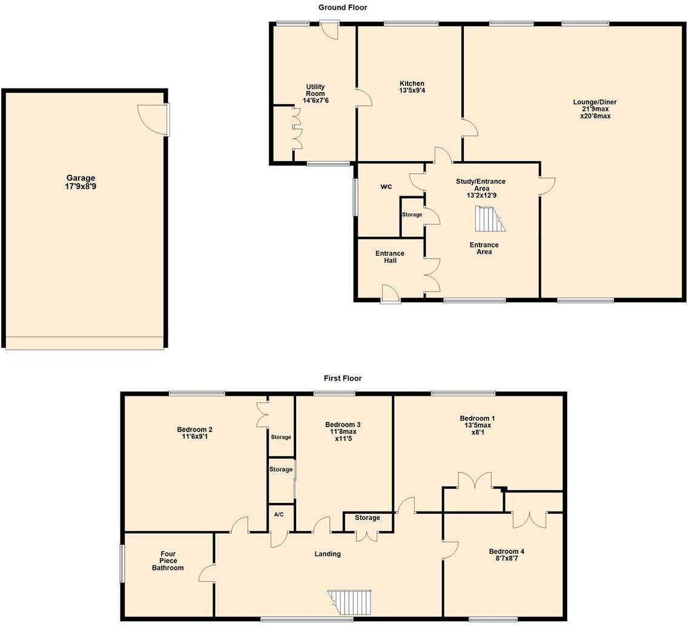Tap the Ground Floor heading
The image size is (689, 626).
pos(343,7)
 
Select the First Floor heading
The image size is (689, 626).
pos(343,378)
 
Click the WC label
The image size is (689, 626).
pos(386,187)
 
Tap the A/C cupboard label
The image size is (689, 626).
pos(279,514)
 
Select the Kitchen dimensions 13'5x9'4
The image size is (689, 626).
pos(412,91)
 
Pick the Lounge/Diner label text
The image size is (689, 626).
pos(595,102)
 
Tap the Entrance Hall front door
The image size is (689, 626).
pos(391,294)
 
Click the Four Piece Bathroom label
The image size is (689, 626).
pos(168,561)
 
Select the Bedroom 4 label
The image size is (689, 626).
pos(507,551)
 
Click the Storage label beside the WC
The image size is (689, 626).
pos(412,215)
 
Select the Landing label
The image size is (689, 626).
pos(328,553)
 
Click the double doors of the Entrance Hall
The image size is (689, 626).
pos(431,276)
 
